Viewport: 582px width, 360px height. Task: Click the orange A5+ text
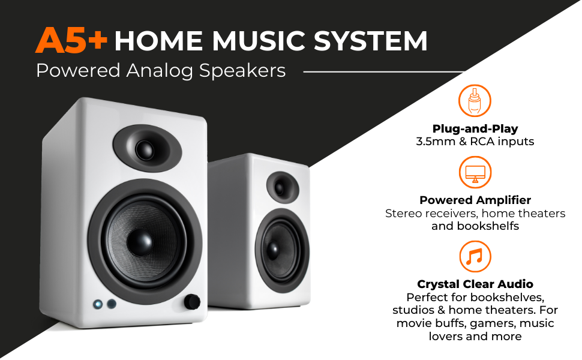71,41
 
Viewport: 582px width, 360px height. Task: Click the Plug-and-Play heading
475,129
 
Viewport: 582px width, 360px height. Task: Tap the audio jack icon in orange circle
475,100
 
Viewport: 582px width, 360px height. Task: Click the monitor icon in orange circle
475,172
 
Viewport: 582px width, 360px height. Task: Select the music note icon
475,257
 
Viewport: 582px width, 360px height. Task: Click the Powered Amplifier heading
475,200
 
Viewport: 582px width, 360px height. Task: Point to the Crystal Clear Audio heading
475,284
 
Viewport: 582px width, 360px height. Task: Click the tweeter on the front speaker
146,148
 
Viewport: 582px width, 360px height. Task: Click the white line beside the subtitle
384,71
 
